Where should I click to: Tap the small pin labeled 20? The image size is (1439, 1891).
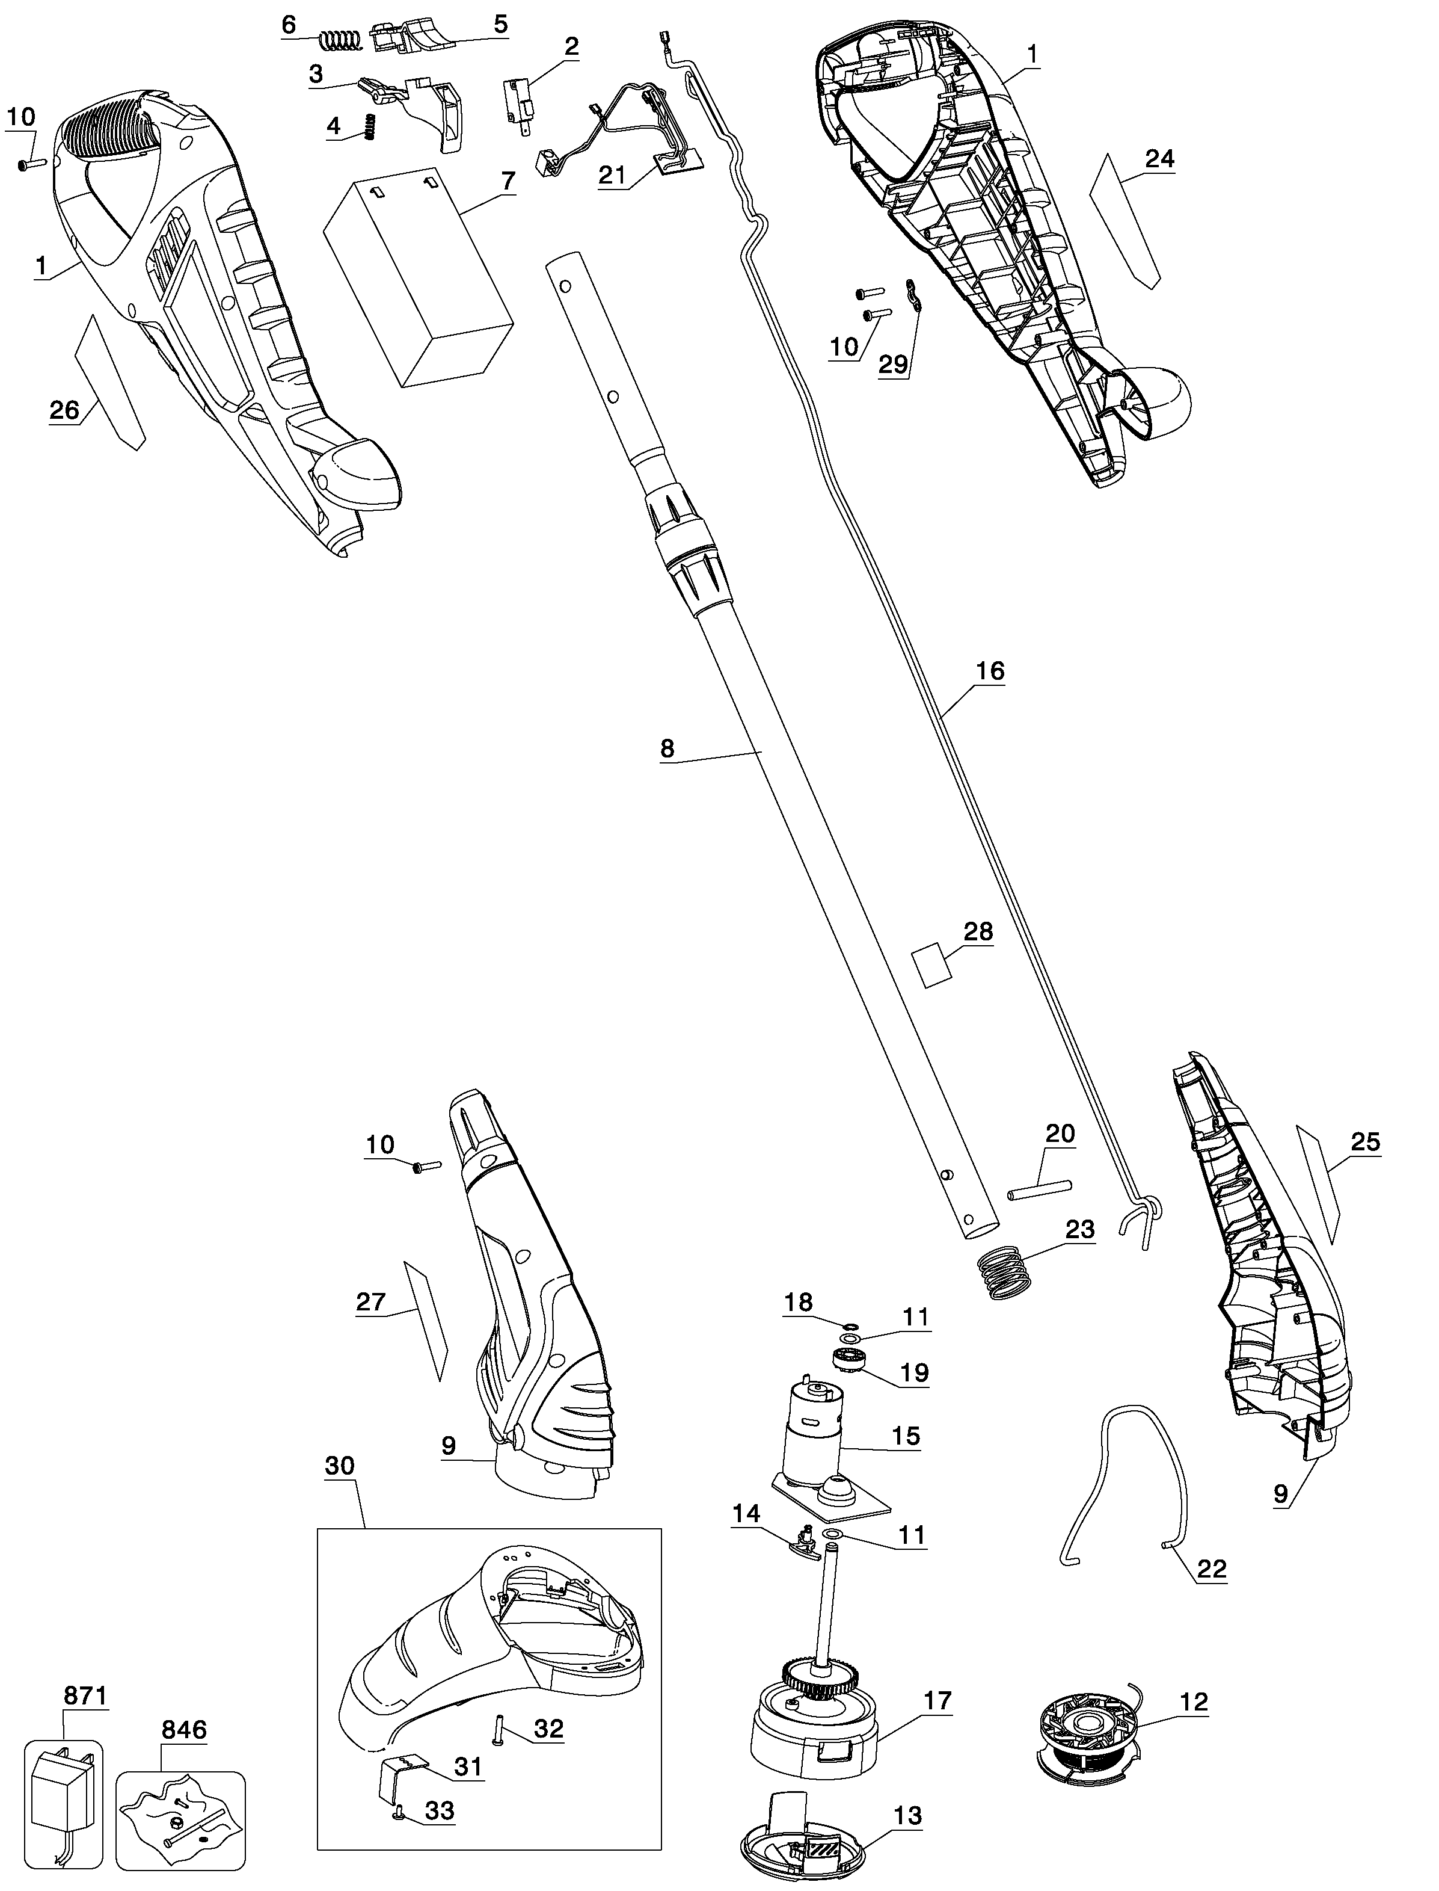(x=1039, y=1188)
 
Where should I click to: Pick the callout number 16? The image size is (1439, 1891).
(x=990, y=671)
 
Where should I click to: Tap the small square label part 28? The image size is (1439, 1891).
(x=932, y=966)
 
